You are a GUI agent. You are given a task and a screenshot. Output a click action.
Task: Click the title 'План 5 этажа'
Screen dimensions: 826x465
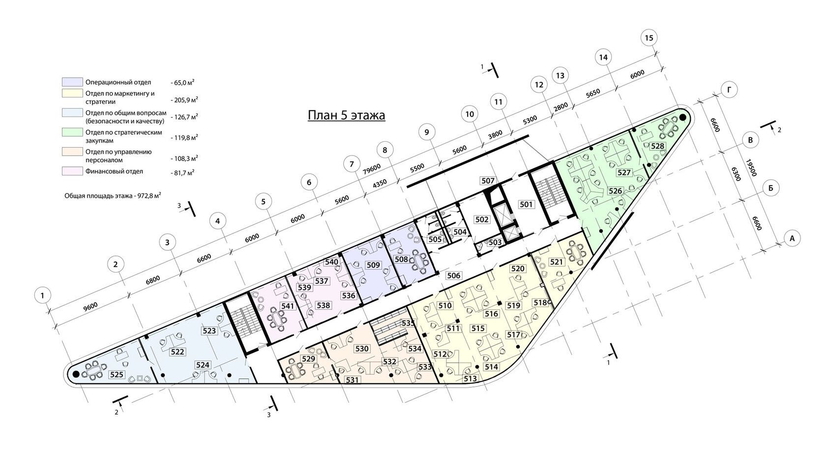[346, 115]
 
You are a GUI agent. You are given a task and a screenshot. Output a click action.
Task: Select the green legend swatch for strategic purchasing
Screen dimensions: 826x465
[72, 132]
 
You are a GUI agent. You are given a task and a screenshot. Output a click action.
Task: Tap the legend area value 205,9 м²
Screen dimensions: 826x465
[184, 99]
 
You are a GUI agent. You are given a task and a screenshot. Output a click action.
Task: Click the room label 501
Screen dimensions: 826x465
[526, 204]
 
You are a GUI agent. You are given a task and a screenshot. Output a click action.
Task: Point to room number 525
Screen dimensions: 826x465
[117, 374]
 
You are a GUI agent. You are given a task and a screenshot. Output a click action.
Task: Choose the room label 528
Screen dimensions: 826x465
[657, 146]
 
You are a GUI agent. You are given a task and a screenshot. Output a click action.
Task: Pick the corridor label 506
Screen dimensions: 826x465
[453, 276]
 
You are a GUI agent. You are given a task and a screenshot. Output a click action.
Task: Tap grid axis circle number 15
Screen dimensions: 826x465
[649, 37]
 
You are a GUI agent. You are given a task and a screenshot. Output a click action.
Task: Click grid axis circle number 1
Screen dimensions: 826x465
[43, 295]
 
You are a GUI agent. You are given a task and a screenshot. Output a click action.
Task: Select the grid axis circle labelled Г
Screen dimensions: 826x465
[729, 90]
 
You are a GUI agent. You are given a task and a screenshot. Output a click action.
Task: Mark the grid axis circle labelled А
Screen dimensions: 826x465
[792, 239]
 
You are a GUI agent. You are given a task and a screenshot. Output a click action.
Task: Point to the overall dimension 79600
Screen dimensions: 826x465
[371, 169]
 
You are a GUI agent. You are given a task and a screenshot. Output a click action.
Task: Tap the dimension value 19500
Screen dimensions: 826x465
[751, 167]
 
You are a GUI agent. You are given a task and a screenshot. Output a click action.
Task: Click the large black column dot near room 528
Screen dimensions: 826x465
[682, 117]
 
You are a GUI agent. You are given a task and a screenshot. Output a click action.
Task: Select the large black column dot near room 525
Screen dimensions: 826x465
[76, 374]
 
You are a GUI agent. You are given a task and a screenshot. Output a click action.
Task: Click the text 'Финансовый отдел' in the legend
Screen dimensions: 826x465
[114, 171]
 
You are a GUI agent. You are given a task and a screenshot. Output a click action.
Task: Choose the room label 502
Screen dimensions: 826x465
[482, 219]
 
